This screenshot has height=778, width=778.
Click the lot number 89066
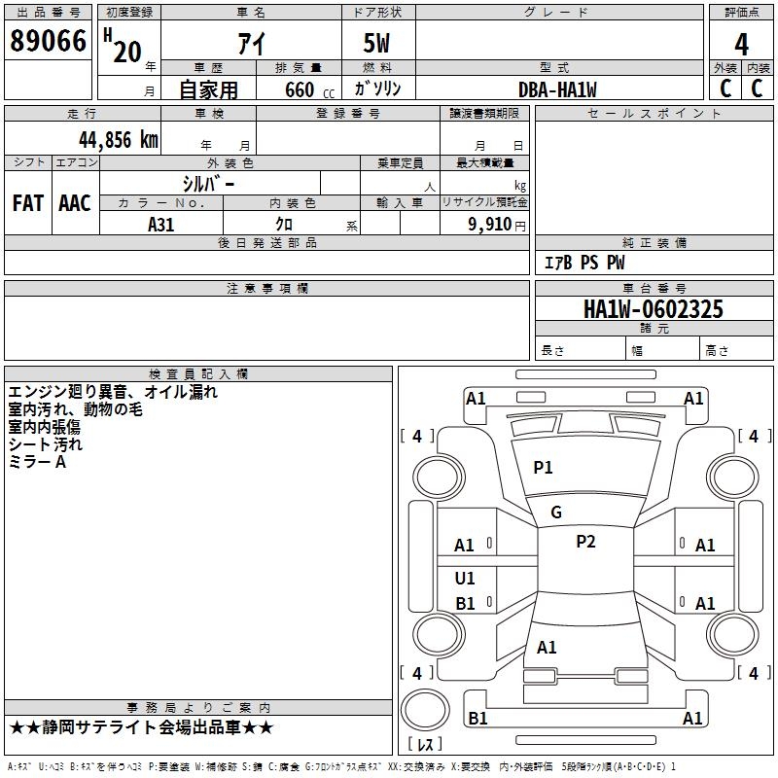coord(48,42)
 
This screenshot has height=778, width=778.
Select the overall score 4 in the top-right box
coord(741,45)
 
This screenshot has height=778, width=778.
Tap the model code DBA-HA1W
coord(557,89)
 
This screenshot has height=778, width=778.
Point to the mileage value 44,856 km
coord(106,139)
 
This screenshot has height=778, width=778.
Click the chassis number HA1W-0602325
coord(654,309)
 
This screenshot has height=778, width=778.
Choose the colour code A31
coord(161,224)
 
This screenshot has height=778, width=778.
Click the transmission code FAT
coord(27,202)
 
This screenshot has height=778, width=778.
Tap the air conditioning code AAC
coord(75,202)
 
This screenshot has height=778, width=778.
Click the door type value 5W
coord(378,44)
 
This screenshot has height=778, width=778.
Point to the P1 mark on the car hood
coord(543,468)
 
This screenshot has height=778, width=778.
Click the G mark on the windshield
coord(556,513)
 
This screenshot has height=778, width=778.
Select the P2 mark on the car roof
coord(585,542)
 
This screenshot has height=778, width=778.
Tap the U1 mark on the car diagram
coord(465,579)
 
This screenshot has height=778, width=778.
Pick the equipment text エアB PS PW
coord(583,263)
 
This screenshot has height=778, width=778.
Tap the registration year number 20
coord(127,51)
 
